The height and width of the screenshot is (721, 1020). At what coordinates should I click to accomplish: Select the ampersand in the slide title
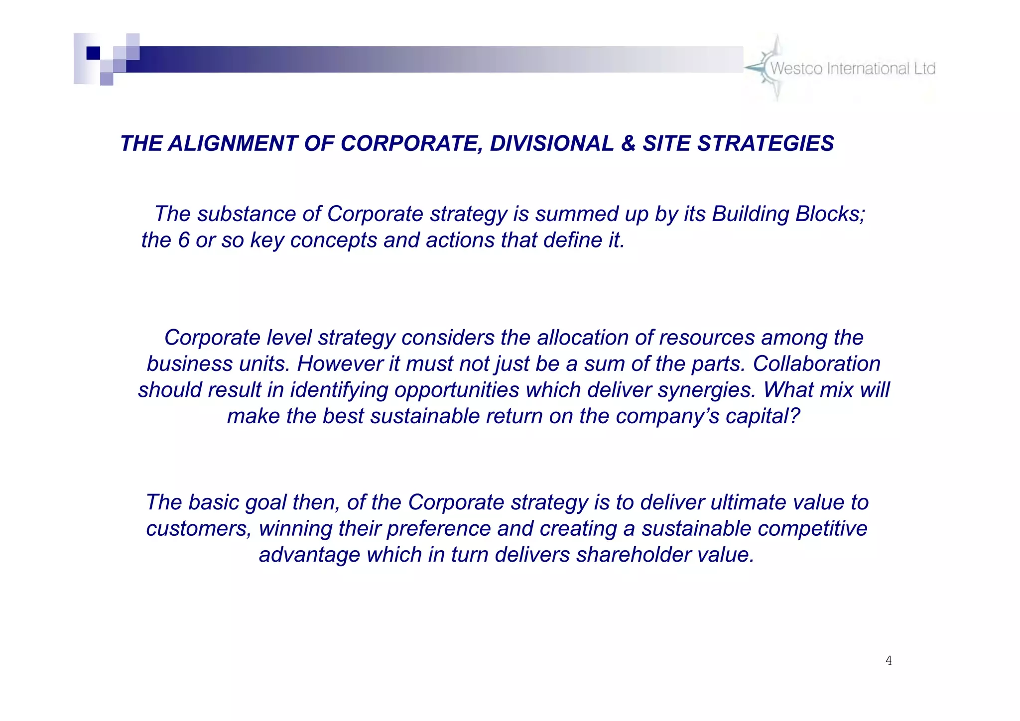628,144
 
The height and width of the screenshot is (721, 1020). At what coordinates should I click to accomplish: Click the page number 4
889,661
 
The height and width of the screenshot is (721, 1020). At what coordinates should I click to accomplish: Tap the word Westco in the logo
796,69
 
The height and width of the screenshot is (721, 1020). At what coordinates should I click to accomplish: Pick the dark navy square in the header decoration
93,53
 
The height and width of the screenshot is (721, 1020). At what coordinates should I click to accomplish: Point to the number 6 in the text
184,240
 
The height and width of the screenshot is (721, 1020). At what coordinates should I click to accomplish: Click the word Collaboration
816,364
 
